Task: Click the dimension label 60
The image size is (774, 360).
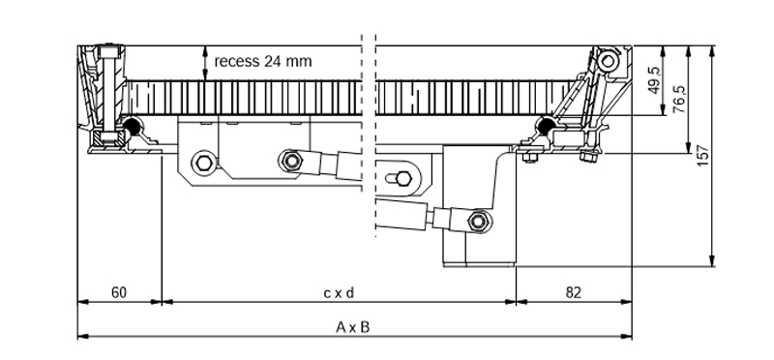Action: (118, 293)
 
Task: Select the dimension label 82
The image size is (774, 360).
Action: (573, 293)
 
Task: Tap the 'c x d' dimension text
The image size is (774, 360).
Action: (339, 293)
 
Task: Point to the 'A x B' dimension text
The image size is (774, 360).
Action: (352, 327)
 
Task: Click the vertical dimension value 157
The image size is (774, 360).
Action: (702, 156)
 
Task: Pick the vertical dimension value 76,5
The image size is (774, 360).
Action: (679, 100)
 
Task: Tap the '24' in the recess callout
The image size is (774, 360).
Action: (272, 61)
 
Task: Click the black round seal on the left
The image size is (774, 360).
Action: (132, 126)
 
